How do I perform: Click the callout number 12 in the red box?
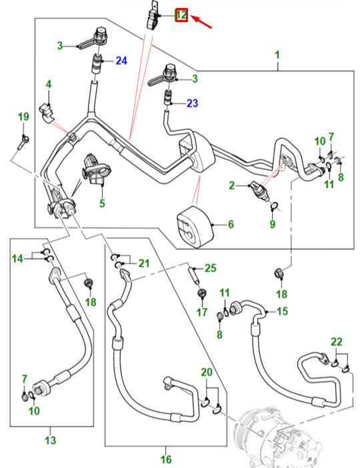coord(181,15)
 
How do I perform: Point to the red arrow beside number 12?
coord(201,22)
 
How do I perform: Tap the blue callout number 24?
coord(121,61)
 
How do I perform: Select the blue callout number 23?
coord(192,103)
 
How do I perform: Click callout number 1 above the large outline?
coord(277,55)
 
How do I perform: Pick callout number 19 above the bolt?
coord(23,117)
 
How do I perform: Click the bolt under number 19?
coord(24,143)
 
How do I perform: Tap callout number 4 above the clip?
coord(49,84)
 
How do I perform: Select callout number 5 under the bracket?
coord(102,203)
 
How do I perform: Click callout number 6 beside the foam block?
coord(231,225)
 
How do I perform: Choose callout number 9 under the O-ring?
coord(272,225)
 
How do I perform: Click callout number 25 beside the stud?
coord(210,268)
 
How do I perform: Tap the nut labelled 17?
coord(202,293)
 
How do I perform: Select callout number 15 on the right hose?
coord(282,311)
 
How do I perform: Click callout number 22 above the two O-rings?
coord(337,342)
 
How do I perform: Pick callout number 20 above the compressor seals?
coord(207,372)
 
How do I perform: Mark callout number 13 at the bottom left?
coord(50,440)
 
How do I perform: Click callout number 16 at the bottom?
coord(166,459)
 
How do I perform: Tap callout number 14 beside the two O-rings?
coord(17,258)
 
